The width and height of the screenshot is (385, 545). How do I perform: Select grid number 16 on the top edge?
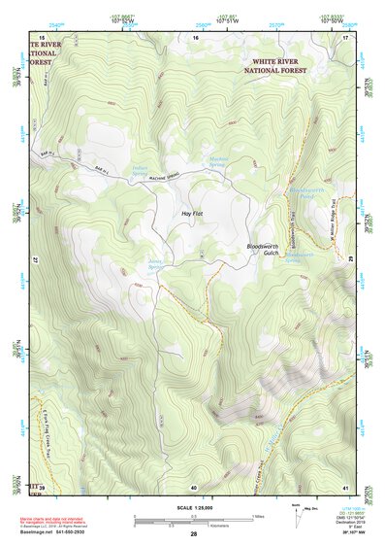pos(195,37)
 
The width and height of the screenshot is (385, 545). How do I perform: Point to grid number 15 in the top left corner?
pos(42,37)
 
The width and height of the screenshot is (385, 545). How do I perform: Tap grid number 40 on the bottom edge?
pos(194,486)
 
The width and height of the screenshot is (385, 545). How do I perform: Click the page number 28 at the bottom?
pos(193,534)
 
